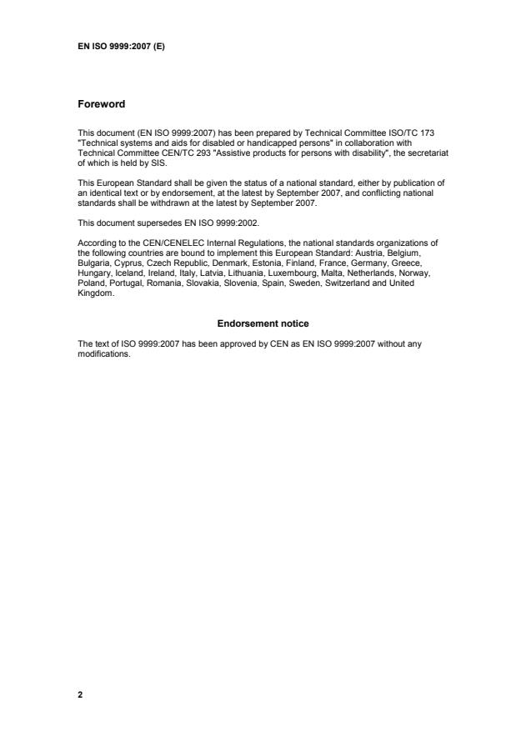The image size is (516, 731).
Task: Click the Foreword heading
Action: [101, 104]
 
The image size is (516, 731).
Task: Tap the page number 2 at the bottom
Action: [80, 693]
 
